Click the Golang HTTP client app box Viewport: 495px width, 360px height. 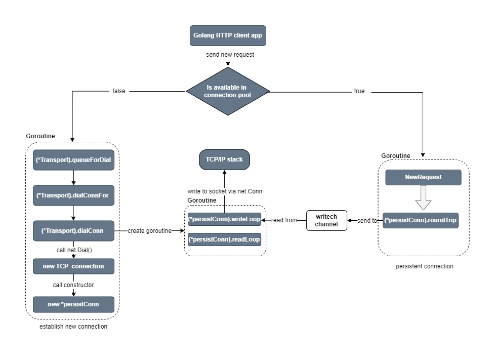click(x=228, y=36)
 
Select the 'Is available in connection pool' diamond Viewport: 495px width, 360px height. click(x=228, y=91)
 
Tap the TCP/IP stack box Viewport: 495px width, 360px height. click(x=224, y=159)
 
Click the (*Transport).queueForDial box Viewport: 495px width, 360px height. click(x=73, y=159)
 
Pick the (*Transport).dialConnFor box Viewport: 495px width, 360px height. click(x=73, y=195)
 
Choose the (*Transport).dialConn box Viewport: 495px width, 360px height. click(x=73, y=230)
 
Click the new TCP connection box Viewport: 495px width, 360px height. click(x=73, y=266)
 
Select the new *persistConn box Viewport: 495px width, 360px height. click(x=73, y=304)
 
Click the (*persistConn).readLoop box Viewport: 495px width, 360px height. click(x=224, y=239)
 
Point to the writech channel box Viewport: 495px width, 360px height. click(x=326, y=220)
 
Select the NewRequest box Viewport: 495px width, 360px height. click(x=423, y=177)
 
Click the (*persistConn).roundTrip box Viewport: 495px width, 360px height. click(x=420, y=220)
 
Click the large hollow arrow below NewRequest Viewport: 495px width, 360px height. click(x=423, y=198)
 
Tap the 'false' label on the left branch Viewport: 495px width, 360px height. click(x=118, y=91)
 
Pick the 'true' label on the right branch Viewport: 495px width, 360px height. click(x=359, y=91)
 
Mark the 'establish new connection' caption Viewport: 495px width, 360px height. click(x=73, y=327)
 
